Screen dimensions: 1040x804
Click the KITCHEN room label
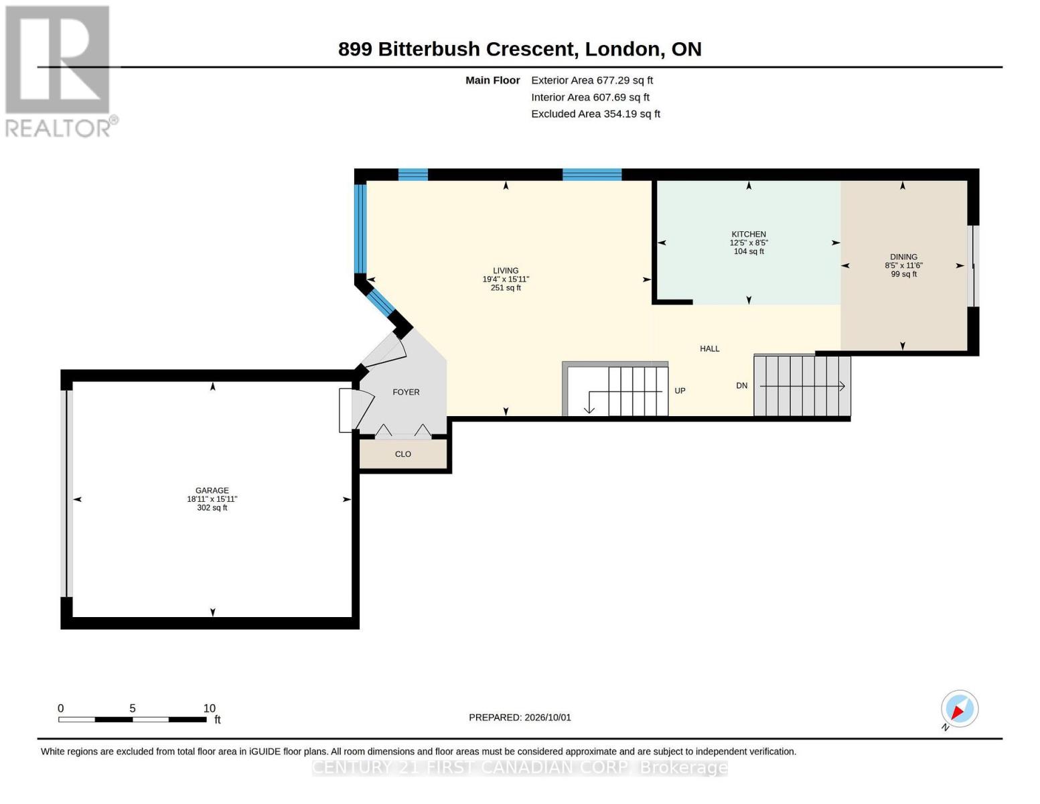coord(749,234)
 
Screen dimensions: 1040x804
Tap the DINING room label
coord(903,257)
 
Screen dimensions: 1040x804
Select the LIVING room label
coord(506,271)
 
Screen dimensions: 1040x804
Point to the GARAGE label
coord(212,490)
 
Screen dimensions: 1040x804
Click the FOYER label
coord(406,392)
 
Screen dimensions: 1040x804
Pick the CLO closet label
coord(403,454)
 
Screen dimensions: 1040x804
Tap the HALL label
coord(709,348)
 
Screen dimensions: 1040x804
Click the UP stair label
coord(680,391)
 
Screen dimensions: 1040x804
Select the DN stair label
coord(741,385)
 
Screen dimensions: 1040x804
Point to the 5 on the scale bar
coord(133,708)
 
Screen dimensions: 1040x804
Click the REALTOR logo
coord(60,71)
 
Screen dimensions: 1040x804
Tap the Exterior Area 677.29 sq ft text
coord(592,80)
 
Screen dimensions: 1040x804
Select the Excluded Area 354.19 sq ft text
coord(595,114)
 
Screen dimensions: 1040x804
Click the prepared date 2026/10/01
coord(548,718)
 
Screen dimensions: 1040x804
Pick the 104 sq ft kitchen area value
coord(749,251)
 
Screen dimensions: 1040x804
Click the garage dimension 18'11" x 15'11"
coord(212,499)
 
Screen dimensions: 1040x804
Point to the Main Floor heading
coord(492,80)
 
